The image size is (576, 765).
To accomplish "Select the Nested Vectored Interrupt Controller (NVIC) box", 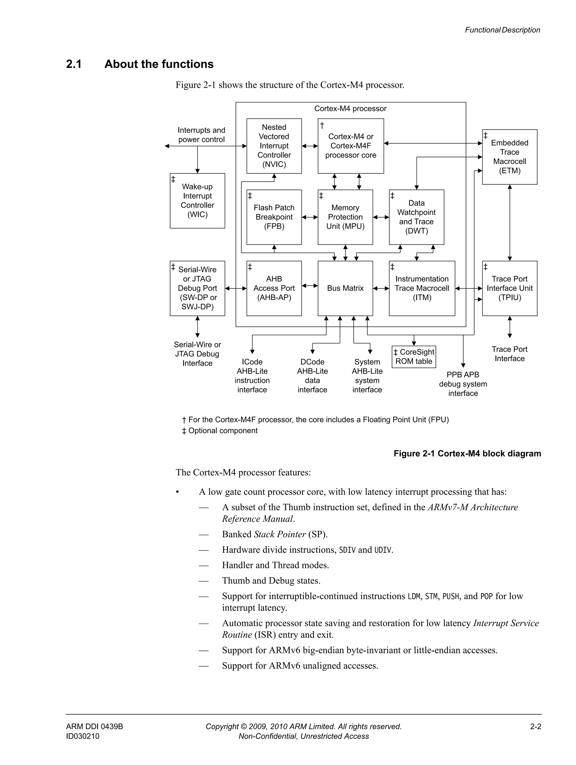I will (274, 146).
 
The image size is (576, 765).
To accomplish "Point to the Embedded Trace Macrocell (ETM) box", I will (509, 157).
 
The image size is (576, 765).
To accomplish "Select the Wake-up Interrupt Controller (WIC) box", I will (197, 200).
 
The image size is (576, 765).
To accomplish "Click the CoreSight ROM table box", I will (414, 356).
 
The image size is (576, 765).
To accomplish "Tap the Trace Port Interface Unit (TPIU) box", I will (509, 288).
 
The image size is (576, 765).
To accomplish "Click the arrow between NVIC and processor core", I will (310, 146).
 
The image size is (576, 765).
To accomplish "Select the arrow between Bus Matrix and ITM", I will (381, 288).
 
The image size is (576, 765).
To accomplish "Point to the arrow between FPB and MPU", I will (310, 217).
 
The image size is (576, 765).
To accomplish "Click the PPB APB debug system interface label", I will (463, 384).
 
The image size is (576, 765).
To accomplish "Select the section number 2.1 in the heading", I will (74, 64).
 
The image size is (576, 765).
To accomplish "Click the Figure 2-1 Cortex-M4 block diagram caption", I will (467, 453).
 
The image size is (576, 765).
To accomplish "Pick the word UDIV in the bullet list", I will (383, 550).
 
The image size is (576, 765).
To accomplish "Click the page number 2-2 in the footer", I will (535, 726).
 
